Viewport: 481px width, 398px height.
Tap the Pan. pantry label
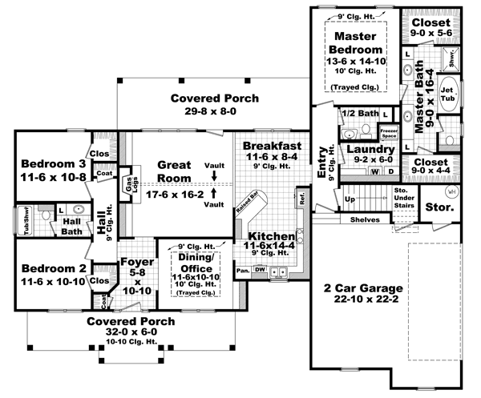pos(242,271)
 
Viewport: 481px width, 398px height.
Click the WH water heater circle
pos(451,192)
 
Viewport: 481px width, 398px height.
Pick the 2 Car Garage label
pos(358,289)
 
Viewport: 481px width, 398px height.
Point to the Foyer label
pos(132,262)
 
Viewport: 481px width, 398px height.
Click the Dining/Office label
pos(195,260)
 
